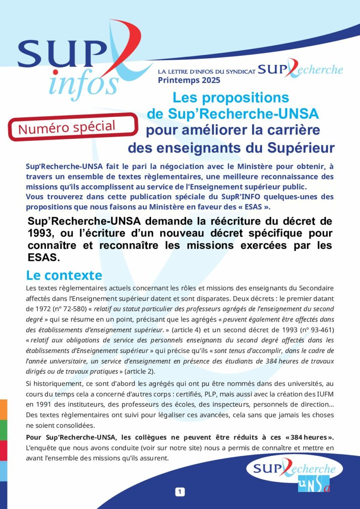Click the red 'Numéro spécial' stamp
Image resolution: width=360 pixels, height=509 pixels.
tap(73, 126)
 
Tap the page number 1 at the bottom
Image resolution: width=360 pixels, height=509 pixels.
tap(180, 492)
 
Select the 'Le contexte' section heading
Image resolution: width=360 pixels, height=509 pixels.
tap(64, 275)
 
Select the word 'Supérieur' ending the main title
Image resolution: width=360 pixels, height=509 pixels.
tap(301, 148)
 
